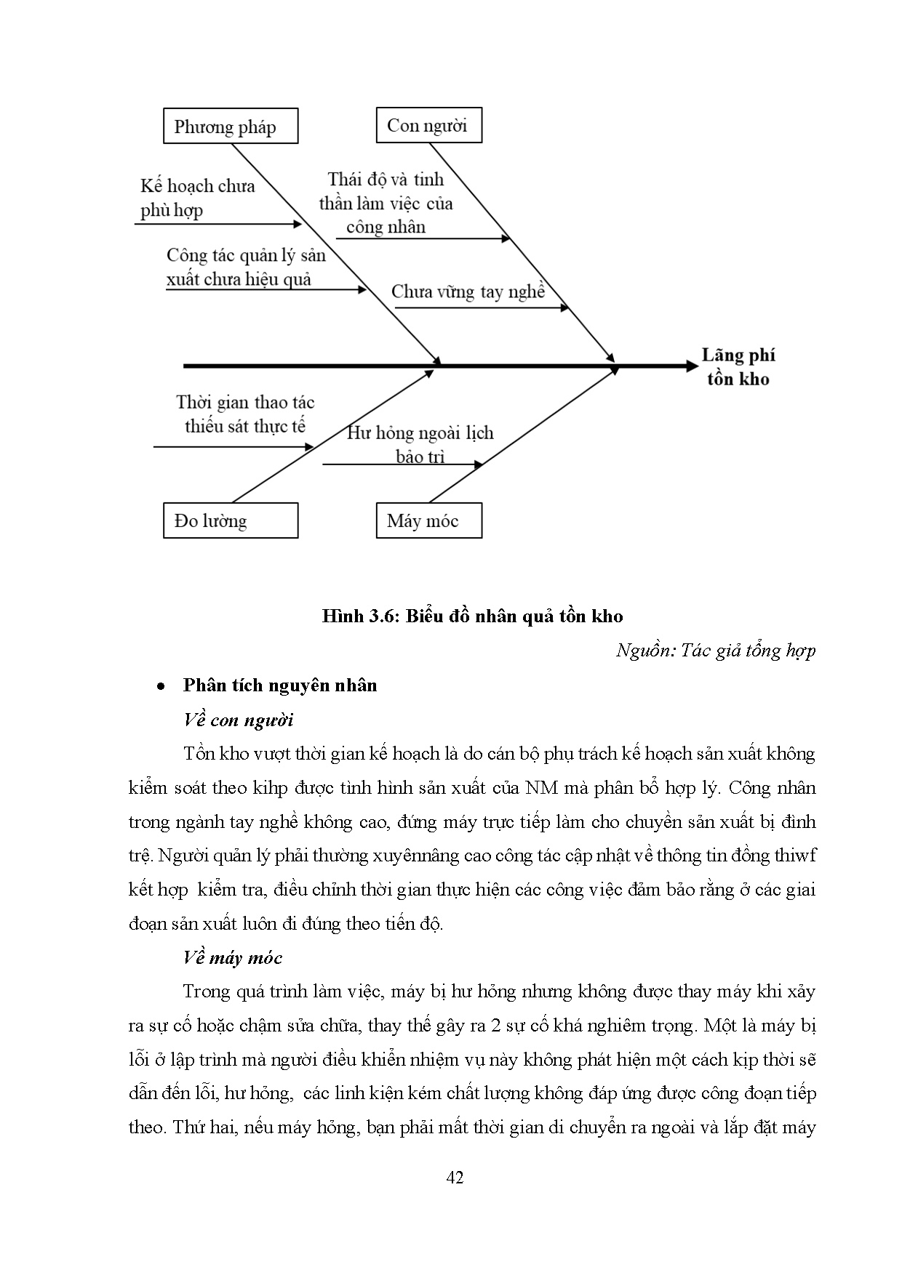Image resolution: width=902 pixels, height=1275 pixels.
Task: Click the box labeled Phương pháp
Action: pyautogui.click(x=230, y=126)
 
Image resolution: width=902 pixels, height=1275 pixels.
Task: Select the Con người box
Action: pyautogui.click(x=428, y=125)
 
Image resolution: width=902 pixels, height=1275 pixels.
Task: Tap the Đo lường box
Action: pyautogui.click(x=230, y=520)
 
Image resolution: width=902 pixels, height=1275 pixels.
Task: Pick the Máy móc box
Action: pyautogui.click(x=428, y=520)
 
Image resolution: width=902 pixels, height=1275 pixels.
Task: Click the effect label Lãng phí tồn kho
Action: pyautogui.click(x=738, y=366)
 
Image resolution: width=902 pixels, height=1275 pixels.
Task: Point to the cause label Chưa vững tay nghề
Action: pyautogui.click(x=468, y=291)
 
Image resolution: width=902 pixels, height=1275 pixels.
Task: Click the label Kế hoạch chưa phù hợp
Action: pyautogui.click(x=197, y=198)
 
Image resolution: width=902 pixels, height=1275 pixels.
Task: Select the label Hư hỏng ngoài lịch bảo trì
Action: pyautogui.click(x=420, y=444)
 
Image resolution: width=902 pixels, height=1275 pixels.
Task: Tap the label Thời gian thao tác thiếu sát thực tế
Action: pyautogui.click(x=245, y=414)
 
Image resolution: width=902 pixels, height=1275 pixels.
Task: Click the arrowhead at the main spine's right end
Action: pyautogui.click(x=691, y=366)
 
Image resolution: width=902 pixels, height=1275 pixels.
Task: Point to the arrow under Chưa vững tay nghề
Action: pyautogui.click(x=482, y=308)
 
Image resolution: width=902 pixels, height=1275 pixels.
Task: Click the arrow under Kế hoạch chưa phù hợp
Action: pyautogui.click(x=218, y=225)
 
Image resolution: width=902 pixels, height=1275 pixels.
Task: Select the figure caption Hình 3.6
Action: pyautogui.click(x=473, y=616)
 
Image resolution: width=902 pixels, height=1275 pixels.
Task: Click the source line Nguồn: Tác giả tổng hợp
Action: pyautogui.click(x=716, y=650)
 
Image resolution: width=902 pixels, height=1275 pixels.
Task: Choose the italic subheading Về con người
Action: pyautogui.click(x=238, y=720)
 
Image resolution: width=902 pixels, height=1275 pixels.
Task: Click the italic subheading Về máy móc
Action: pyautogui.click(x=232, y=957)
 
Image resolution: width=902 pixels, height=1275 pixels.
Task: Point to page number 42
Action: pyautogui.click(x=455, y=1178)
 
